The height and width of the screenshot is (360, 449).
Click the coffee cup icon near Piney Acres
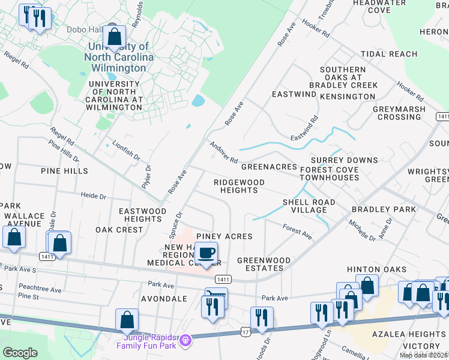(206, 253)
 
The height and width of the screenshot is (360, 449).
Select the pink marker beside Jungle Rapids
(186, 340)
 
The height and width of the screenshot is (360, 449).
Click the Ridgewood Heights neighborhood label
(236, 185)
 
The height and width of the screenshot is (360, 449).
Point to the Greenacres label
(269, 167)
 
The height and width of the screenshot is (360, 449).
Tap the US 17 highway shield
(245, 331)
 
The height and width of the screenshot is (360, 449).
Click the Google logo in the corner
(20, 352)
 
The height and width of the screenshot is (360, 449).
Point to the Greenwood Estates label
(264, 265)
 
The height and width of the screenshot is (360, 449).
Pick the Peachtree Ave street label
(40, 289)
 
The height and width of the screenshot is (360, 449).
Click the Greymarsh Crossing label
(399, 113)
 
